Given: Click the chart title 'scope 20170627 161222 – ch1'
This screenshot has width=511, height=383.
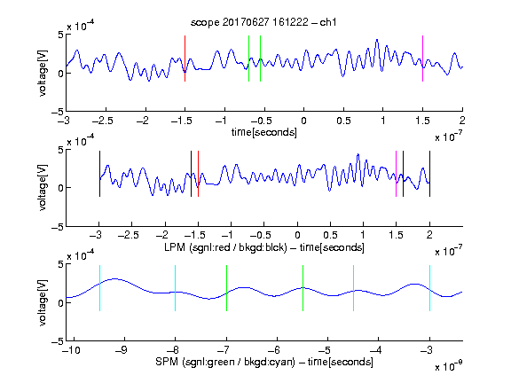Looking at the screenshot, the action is tap(263, 22).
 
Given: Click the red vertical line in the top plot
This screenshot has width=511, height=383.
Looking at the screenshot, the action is tap(185, 59).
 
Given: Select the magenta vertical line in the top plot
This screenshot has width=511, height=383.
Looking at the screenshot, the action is tap(422, 59).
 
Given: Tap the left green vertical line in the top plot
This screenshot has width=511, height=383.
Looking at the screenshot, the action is tap(248, 59).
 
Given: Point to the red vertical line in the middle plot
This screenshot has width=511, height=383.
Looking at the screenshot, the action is tap(198, 174).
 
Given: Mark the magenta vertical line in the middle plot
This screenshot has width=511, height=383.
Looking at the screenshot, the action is tap(396, 174).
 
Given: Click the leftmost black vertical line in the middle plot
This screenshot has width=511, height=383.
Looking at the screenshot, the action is tap(99, 174).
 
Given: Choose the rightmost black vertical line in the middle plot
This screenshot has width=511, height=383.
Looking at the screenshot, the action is tap(429, 174).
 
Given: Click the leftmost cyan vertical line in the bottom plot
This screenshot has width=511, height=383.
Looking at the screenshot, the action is tap(99, 288).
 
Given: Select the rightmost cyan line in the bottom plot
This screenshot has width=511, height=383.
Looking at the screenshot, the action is tap(429, 288).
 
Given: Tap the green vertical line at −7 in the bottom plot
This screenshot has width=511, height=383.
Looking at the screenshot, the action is tap(226, 288).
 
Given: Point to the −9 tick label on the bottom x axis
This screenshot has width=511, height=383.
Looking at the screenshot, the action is tap(122, 350).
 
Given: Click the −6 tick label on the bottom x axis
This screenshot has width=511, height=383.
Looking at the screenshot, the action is tap(274, 350).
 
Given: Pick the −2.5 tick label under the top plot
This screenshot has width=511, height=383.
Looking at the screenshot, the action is tap(103, 121).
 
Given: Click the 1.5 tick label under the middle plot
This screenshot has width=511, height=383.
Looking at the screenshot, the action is tap(396, 235).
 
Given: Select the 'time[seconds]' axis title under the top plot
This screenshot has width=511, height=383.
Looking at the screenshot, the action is tap(264, 132).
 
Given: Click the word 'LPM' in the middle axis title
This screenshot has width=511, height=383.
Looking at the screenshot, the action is tap(175, 247).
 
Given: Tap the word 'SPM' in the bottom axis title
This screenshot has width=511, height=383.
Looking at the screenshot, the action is tap(166, 362).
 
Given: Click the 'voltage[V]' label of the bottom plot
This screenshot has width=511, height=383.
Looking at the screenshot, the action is tap(43, 302).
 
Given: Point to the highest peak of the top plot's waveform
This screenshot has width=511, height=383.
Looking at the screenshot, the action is tap(377, 40).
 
